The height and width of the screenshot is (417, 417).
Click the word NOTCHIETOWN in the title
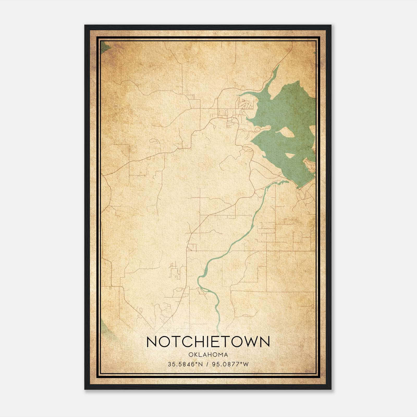click(x=208, y=342)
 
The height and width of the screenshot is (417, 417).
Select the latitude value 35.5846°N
click(x=185, y=364)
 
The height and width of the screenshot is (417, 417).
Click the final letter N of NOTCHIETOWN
click(x=265, y=342)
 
